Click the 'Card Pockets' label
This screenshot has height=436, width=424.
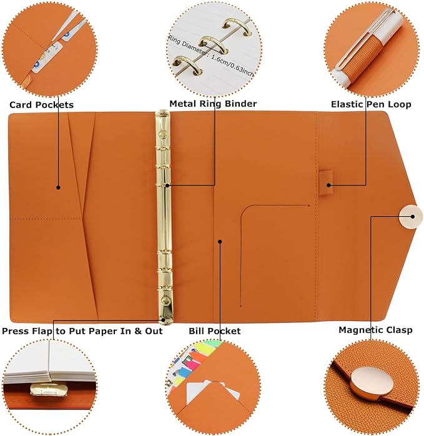[x=42, y=104]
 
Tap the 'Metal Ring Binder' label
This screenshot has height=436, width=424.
[x=213, y=104]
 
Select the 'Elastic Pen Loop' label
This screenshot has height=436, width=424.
[x=371, y=104]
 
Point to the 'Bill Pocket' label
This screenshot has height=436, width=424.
[x=214, y=330]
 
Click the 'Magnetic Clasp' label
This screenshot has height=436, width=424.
[x=375, y=330]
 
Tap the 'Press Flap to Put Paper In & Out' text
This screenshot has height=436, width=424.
[x=82, y=330]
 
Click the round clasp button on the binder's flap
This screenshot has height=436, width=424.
[x=411, y=217]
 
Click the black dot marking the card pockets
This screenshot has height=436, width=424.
[x=58, y=186]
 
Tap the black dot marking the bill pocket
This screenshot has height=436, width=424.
[x=219, y=242]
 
